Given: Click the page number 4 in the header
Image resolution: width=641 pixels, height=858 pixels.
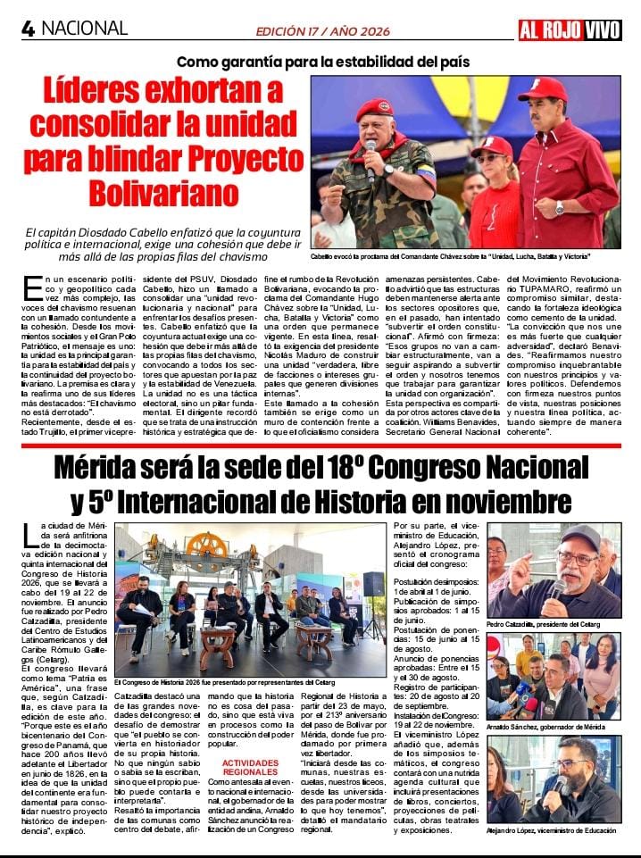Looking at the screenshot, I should [28, 29].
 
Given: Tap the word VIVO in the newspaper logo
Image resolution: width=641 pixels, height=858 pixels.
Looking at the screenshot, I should [602, 30].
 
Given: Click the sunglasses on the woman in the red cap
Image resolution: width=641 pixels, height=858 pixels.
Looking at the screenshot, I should [490, 158].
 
